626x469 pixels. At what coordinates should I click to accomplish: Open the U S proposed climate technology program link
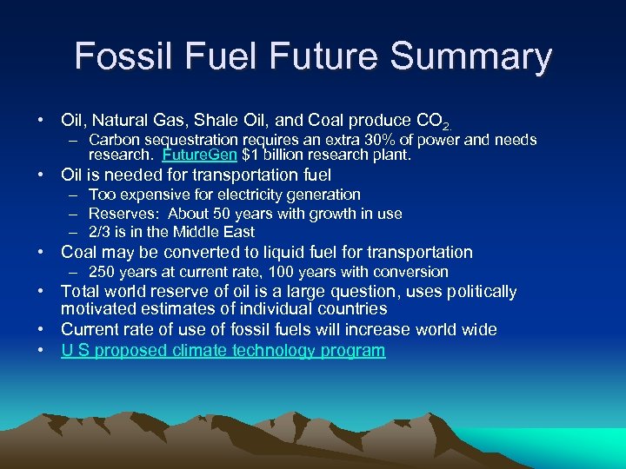(223, 351)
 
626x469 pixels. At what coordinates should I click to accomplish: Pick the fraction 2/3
(100, 232)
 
